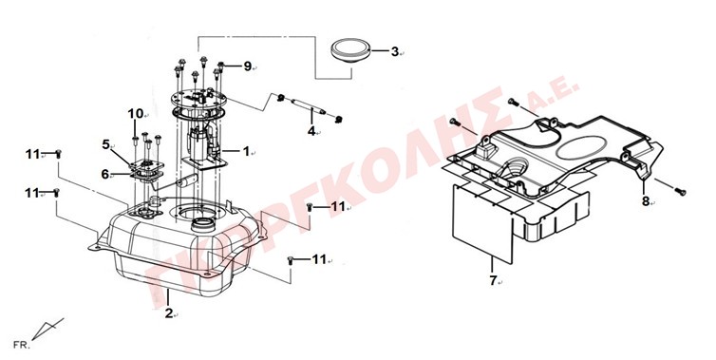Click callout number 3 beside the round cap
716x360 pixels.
coord(394,51)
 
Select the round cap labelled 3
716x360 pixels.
coord(350,49)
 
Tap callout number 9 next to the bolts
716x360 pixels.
coord(248,66)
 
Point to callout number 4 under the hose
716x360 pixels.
coord(311,132)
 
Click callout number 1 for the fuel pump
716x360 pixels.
coord(246,151)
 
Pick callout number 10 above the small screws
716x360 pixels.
coord(136,113)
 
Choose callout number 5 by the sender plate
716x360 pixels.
coord(106,144)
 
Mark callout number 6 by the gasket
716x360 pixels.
coord(105,174)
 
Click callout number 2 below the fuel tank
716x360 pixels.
coord(169,313)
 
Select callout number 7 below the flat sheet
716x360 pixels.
coord(493,281)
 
